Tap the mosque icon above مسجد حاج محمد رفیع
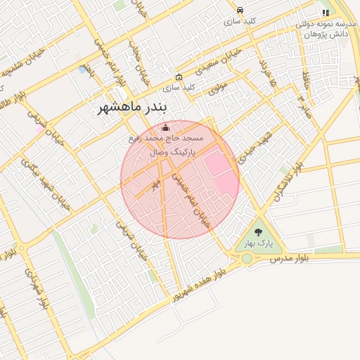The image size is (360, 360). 165,127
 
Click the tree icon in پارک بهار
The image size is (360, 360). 258,231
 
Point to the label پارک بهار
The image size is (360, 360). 258,243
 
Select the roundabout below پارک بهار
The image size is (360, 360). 247,259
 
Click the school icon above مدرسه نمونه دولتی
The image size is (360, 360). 325,13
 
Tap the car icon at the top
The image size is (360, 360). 240,10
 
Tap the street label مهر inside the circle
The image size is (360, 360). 156,185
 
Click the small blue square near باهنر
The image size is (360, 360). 83,70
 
